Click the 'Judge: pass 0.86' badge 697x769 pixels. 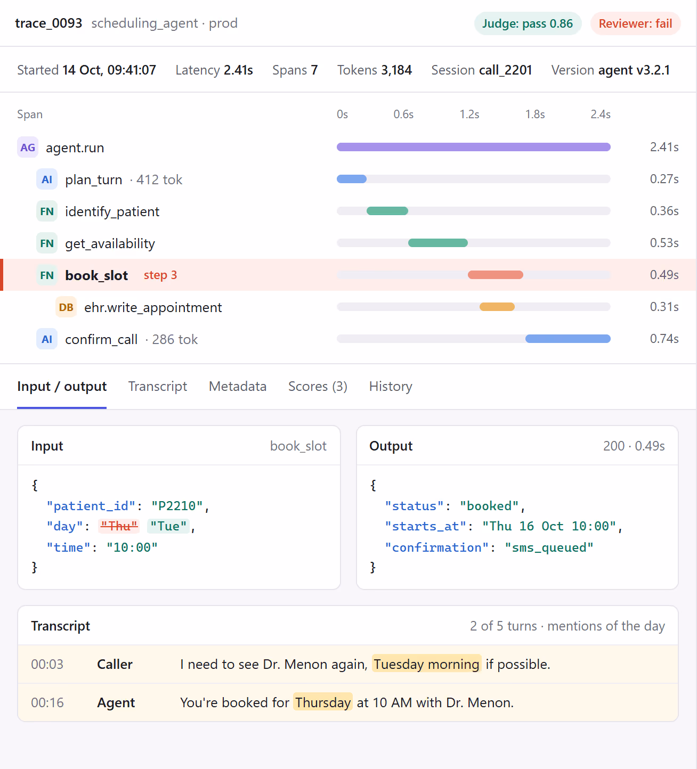(x=528, y=23)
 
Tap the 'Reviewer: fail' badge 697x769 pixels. (x=635, y=23)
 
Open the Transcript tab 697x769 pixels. (x=157, y=386)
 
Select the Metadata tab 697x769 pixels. (x=238, y=386)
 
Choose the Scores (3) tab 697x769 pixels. (x=318, y=386)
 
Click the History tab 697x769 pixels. (x=391, y=386)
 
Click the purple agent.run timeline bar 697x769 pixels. (x=473, y=147)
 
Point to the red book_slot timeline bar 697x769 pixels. (x=495, y=274)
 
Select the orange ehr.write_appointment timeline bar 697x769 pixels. (x=497, y=307)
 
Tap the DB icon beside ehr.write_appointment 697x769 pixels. (x=66, y=307)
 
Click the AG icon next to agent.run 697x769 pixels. (x=28, y=147)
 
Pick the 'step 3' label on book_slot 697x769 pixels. (x=160, y=275)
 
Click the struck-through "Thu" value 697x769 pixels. (x=119, y=526)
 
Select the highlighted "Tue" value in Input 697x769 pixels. (x=168, y=526)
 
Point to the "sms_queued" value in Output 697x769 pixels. (x=549, y=547)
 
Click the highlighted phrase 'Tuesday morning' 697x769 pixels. (x=426, y=664)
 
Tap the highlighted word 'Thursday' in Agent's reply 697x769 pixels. (x=323, y=702)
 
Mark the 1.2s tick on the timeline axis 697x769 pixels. (x=469, y=114)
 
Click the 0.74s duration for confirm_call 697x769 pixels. (x=664, y=339)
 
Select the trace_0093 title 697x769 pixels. (x=48, y=23)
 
